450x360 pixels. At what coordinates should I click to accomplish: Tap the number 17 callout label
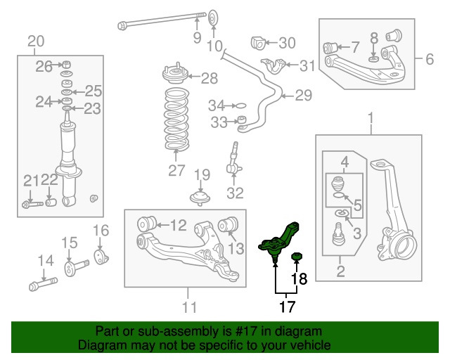[286, 306]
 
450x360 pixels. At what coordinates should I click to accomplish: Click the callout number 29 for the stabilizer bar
[303, 95]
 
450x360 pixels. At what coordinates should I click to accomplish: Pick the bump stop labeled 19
[200, 197]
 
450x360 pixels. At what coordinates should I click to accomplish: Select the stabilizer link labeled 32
[234, 162]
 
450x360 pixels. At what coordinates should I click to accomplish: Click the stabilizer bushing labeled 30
[260, 44]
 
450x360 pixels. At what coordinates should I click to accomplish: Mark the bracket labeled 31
[276, 67]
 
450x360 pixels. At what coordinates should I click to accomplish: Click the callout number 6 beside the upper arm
[430, 60]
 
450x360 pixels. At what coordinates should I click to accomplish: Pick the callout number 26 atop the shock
[44, 67]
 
